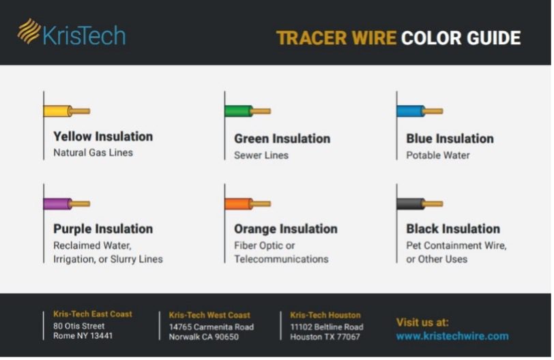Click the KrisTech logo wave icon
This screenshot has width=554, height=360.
click(x=29, y=31)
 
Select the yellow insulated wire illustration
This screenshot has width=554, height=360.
click(x=67, y=111)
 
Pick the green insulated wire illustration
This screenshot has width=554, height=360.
click(x=248, y=111)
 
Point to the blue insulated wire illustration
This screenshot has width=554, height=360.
click(x=420, y=111)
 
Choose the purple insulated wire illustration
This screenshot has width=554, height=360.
click(x=67, y=204)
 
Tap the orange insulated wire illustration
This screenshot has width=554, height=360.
click(x=248, y=204)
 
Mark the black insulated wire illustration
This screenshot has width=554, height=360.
click(x=420, y=204)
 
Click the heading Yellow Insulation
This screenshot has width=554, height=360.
click(x=103, y=136)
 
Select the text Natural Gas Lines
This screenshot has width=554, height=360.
click(x=93, y=153)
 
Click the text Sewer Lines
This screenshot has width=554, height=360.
click(x=261, y=155)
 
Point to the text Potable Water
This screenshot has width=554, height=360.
click(x=438, y=155)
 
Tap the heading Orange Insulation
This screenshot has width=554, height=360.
click(x=285, y=228)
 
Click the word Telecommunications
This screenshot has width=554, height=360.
click(x=281, y=259)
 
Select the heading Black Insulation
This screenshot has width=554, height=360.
click(x=453, y=228)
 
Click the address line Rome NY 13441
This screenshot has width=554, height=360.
click(x=83, y=335)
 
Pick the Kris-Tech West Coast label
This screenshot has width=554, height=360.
click(x=209, y=315)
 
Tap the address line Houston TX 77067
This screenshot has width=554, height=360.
click(x=325, y=337)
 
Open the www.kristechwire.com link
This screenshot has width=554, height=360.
click(x=452, y=336)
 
